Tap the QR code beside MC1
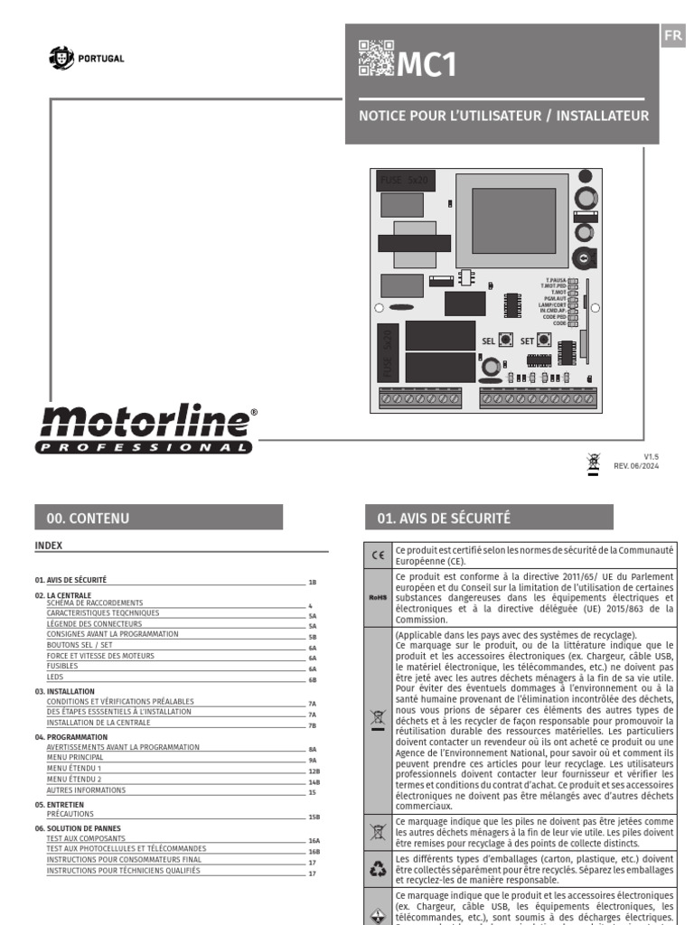click(376, 58)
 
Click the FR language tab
click(672, 36)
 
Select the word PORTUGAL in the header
click(101, 59)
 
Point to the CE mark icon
click(379, 555)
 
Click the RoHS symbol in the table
click(379, 597)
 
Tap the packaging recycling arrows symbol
click(379, 868)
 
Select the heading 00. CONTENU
click(88, 518)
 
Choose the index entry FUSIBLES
click(62, 665)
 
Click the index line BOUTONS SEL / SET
click(80, 645)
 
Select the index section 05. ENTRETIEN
click(72, 803)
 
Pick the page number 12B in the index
click(314, 772)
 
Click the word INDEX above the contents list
click(48, 545)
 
